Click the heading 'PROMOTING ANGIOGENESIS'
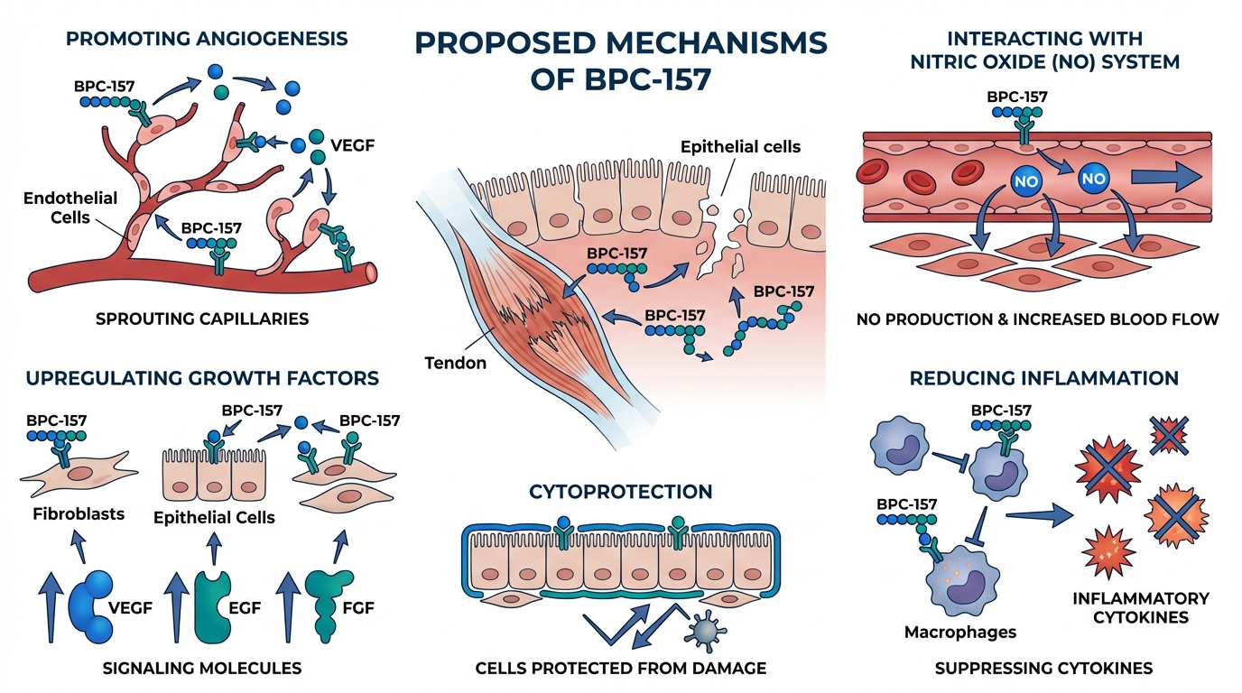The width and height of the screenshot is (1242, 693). coord(209,39)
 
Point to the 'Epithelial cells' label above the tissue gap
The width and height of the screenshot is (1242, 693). coord(740,146)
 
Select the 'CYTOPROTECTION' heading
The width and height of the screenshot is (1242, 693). coord(620,492)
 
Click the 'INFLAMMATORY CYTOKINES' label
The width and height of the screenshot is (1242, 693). coord(1140,608)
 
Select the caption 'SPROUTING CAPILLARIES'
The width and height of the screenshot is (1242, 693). coord(208,319)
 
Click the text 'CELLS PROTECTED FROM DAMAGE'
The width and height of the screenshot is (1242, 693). coord(621,669)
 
